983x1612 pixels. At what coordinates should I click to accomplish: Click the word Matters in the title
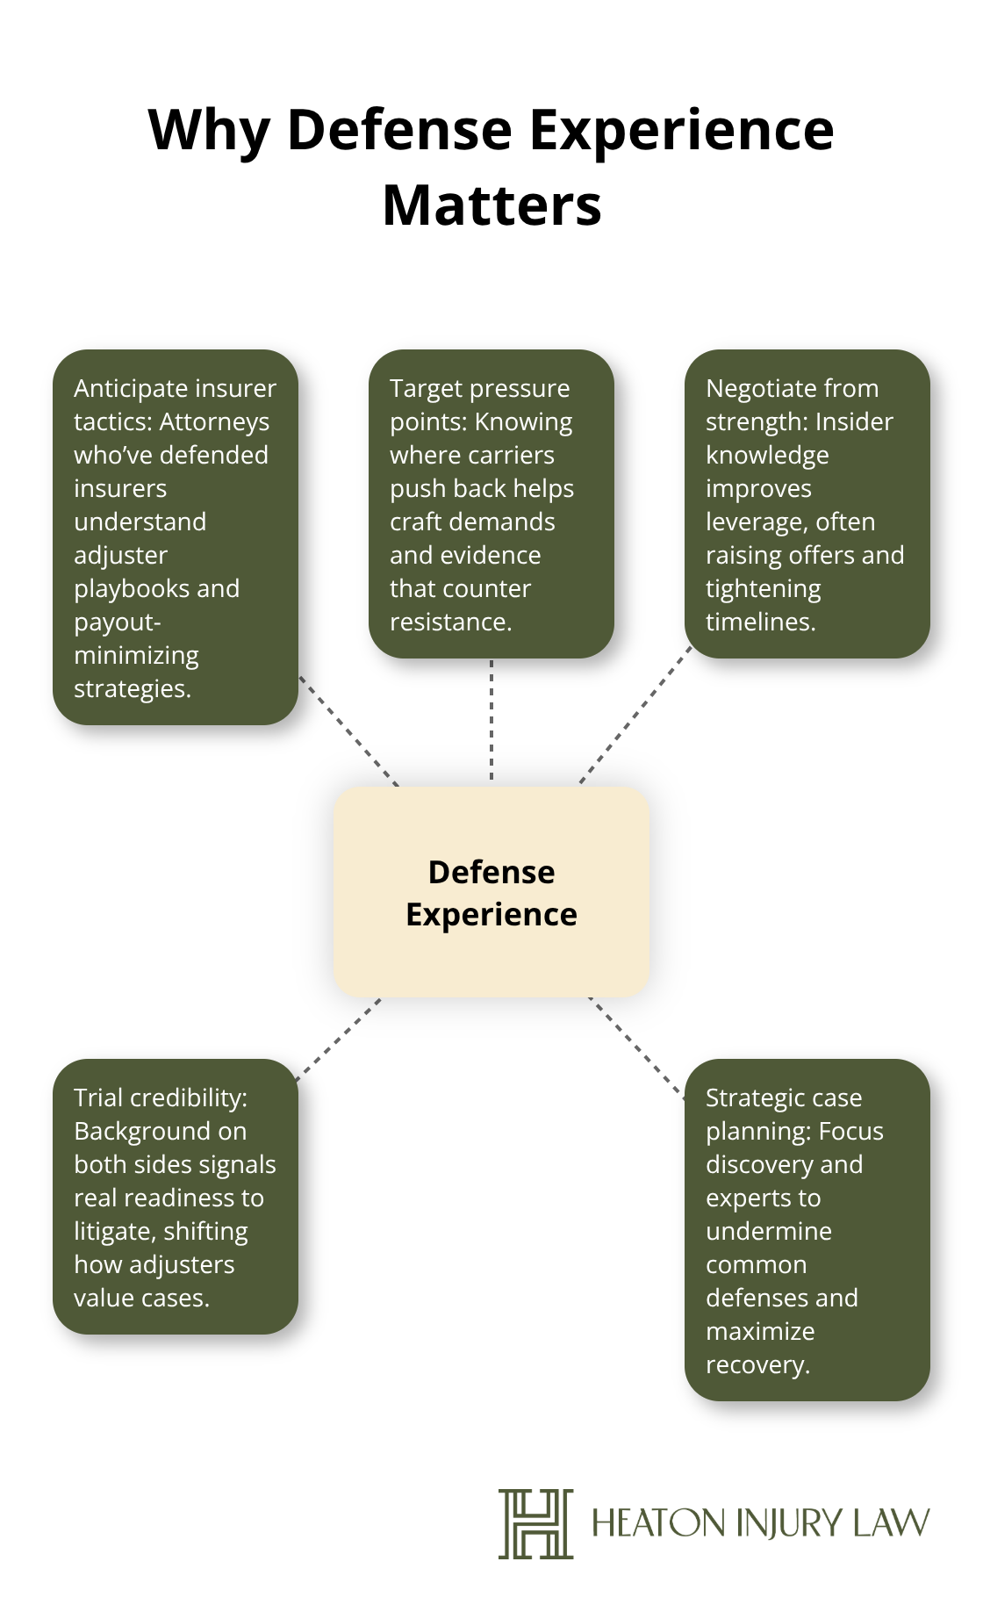491,205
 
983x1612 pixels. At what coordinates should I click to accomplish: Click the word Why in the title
208,130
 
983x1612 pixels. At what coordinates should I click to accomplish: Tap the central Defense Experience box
491,892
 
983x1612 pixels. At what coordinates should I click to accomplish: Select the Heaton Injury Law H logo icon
535,1523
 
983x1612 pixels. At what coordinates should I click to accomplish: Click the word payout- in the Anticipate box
117,622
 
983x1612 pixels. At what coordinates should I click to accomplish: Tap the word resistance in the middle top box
449,622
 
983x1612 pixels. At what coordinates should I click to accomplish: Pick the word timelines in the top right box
759,622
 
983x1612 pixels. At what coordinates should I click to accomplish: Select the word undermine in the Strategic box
768,1231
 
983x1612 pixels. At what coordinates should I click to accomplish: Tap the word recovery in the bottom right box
757,1364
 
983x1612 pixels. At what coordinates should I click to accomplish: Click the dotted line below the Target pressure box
491,720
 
